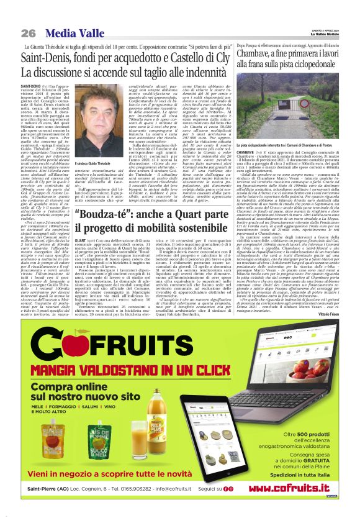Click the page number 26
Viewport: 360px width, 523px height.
[28, 33]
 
